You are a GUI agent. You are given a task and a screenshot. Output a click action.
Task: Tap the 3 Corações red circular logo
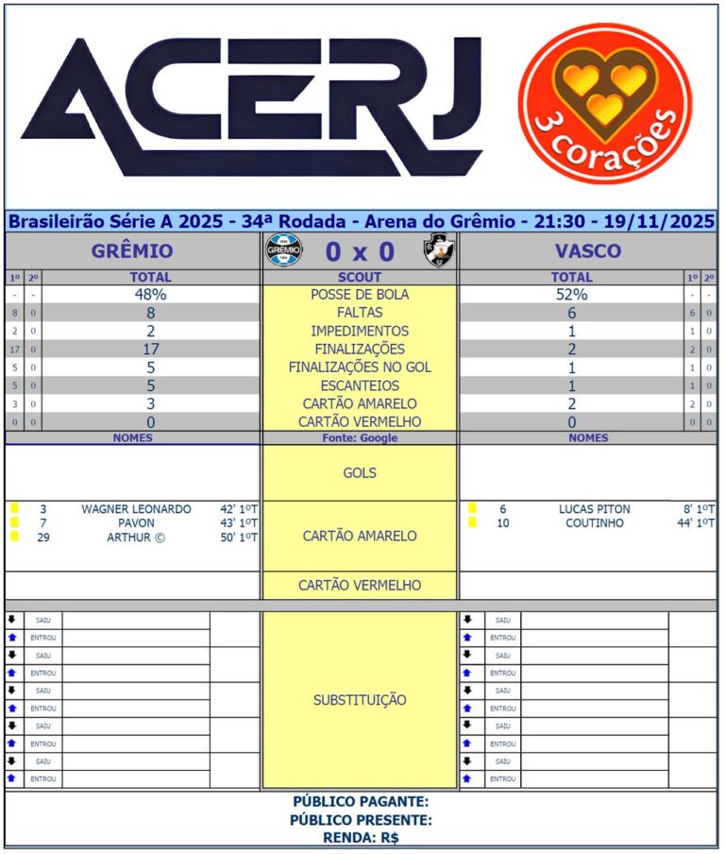[x=604, y=103]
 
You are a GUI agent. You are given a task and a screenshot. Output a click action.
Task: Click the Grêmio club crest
[x=284, y=251]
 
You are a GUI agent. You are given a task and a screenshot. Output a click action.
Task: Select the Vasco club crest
[x=437, y=251]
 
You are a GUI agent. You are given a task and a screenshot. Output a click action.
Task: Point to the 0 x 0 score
[x=360, y=252]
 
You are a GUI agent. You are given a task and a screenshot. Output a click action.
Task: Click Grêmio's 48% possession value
[x=151, y=295]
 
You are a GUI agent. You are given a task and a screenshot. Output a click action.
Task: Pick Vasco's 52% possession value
[x=571, y=295]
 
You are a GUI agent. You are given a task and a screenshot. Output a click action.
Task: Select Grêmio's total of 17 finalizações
[x=151, y=349]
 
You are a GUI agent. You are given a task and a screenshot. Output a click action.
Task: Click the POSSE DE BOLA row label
[x=360, y=295]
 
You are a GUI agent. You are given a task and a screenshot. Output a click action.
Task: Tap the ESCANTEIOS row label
[x=360, y=385]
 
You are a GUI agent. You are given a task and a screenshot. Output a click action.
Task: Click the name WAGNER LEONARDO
[x=136, y=509]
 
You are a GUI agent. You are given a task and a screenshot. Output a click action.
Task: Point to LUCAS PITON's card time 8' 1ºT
[x=699, y=509]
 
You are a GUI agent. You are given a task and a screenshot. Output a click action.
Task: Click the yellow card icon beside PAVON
[x=14, y=522]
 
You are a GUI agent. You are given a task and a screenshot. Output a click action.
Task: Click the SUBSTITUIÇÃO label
[x=360, y=700]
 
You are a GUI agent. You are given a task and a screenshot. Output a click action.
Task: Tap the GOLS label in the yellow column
[x=360, y=472]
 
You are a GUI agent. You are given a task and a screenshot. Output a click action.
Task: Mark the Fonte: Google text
[x=360, y=438]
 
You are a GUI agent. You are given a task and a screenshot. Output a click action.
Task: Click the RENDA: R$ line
[x=361, y=837]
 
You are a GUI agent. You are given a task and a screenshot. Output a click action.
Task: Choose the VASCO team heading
[x=588, y=251]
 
